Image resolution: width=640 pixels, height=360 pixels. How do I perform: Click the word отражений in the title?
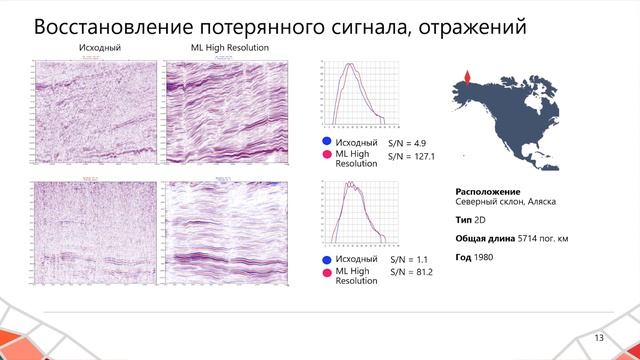coord(463,28)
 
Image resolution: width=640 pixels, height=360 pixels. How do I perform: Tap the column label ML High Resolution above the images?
coord(229,48)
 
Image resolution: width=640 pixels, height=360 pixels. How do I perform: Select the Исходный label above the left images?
coord(95,48)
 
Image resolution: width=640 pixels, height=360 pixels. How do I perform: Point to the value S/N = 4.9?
coord(406,144)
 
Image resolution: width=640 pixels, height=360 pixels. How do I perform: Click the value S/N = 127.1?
coord(411,157)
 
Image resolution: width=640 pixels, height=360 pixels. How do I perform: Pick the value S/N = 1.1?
coord(406,260)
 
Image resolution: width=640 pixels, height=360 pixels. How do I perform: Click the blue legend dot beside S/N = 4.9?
coord(325,144)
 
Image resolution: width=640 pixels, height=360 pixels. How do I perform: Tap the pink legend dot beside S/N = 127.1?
coord(325,156)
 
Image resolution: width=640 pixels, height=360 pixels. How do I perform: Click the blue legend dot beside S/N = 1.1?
coord(325,260)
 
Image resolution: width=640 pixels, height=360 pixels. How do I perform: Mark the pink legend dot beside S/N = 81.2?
coord(325,272)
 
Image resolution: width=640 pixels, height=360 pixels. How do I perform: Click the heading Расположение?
coord(488,190)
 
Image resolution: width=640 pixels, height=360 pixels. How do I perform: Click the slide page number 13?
coord(600,337)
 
